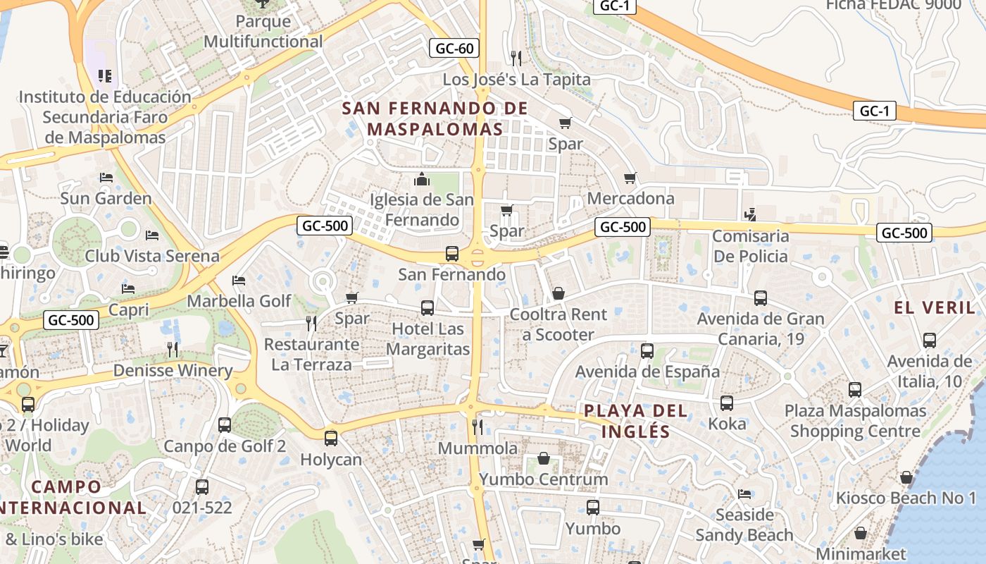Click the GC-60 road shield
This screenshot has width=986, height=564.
[x=454, y=49]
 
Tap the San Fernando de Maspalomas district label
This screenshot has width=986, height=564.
[x=435, y=118]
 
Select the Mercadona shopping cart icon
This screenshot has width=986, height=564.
[x=630, y=178]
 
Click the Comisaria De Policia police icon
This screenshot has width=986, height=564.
[x=751, y=214]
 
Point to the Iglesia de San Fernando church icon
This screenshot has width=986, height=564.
[x=422, y=179]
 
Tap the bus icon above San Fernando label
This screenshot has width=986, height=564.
[x=452, y=254]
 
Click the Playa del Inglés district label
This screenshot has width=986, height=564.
[x=626, y=420]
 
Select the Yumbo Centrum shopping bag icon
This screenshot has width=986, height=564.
[x=544, y=459]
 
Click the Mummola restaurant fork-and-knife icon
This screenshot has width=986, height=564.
[x=477, y=427]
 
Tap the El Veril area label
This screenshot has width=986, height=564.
[x=935, y=307]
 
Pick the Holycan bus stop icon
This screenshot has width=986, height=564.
[x=330, y=439]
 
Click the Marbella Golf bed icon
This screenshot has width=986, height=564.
[x=239, y=281]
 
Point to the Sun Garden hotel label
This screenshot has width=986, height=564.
[x=106, y=198]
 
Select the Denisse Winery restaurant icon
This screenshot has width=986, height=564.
[x=173, y=349]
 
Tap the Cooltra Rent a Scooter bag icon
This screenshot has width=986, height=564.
[x=558, y=293]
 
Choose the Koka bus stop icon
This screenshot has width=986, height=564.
[x=727, y=403]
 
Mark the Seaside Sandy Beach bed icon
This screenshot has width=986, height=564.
[x=744, y=493]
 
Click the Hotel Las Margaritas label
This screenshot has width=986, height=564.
[x=428, y=339]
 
